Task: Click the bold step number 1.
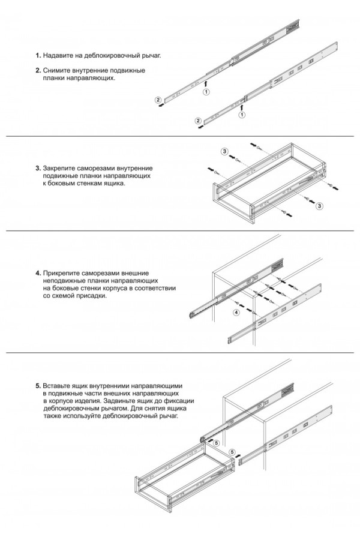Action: pos(38,55)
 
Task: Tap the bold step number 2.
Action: pos(38,70)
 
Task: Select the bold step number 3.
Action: pos(38,169)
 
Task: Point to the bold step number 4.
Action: pos(38,273)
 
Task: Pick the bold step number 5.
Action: pos(38,385)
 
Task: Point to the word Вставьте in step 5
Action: pos(59,385)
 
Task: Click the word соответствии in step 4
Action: pos(157,289)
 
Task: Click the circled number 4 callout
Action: pos(236,313)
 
